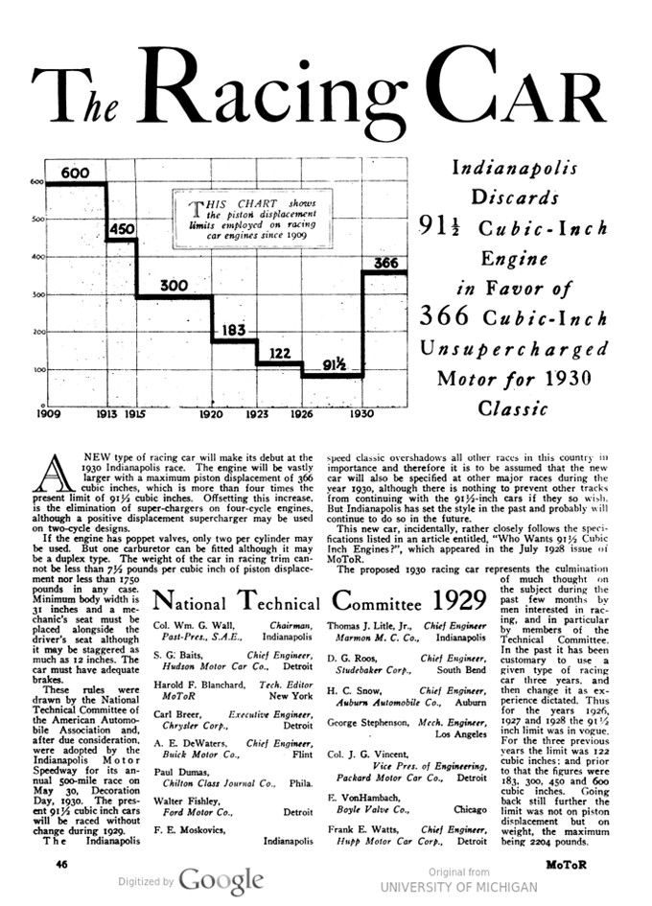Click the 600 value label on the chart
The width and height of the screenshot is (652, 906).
tap(75, 174)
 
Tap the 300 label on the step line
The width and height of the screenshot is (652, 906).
tap(173, 286)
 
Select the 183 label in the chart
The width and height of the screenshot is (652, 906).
tap(234, 331)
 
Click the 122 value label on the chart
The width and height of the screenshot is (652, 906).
tap(279, 354)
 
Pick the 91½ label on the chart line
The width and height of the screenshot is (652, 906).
tap(334, 363)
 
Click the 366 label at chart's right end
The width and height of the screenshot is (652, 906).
tap(385, 263)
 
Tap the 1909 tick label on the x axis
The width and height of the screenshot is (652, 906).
tap(47, 416)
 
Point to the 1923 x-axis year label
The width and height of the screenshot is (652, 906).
tap(257, 416)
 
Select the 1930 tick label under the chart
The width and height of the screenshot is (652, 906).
tap(361, 416)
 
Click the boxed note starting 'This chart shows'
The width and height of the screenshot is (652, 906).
tap(253, 221)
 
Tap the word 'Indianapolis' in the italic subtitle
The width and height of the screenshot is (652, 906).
tap(515, 168)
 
